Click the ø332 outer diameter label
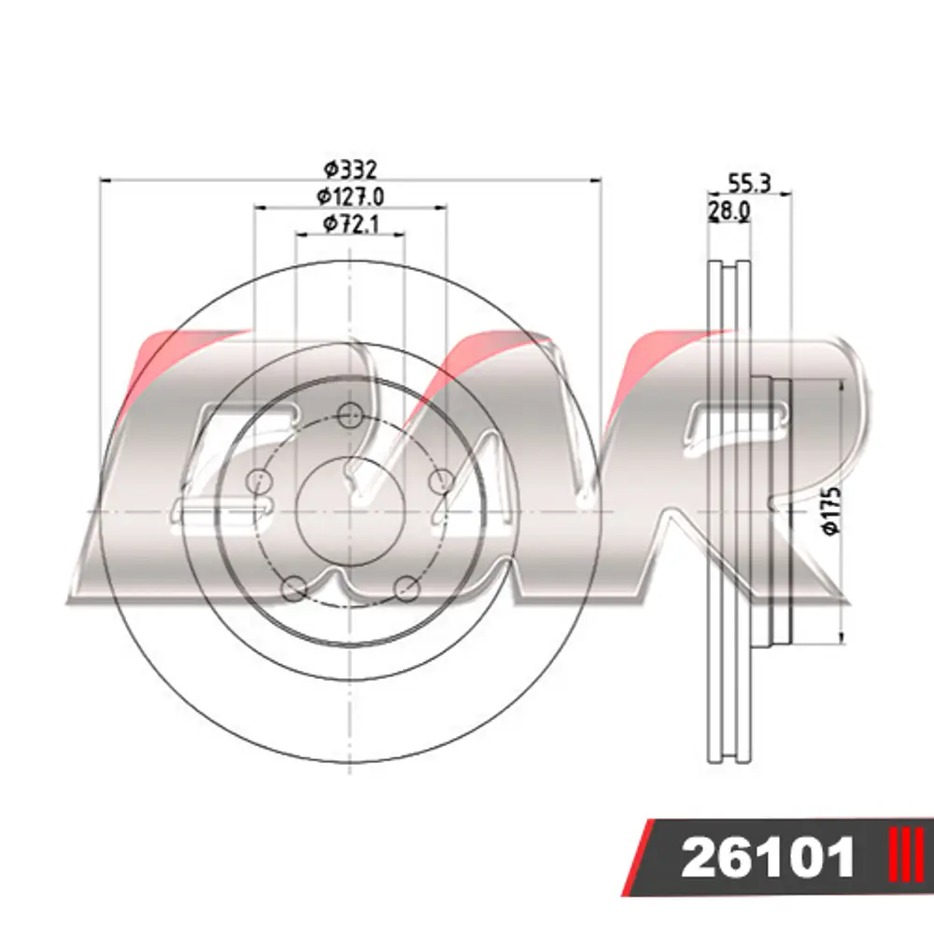coord(350,170)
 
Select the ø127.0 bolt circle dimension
coord(350,196)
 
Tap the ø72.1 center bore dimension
coord(351,224)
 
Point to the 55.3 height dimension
coord(750,183)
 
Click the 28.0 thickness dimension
coord(729,211)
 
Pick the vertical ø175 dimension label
coord(831,510)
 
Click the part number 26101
coord(768,858)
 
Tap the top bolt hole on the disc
coord(349,416)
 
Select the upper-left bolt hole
coord(259,481)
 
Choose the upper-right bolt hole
coord(442,481)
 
